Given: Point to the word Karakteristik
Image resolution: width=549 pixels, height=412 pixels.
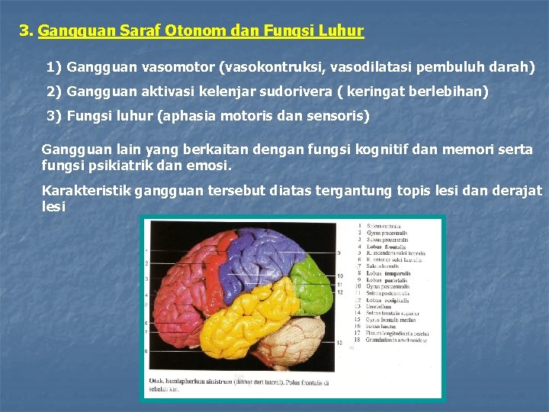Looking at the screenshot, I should (x=85, y=190).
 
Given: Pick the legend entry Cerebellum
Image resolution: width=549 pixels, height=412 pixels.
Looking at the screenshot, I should (x=381, y=305).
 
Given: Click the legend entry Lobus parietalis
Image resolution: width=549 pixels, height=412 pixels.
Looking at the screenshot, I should (x=386, y=281).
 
